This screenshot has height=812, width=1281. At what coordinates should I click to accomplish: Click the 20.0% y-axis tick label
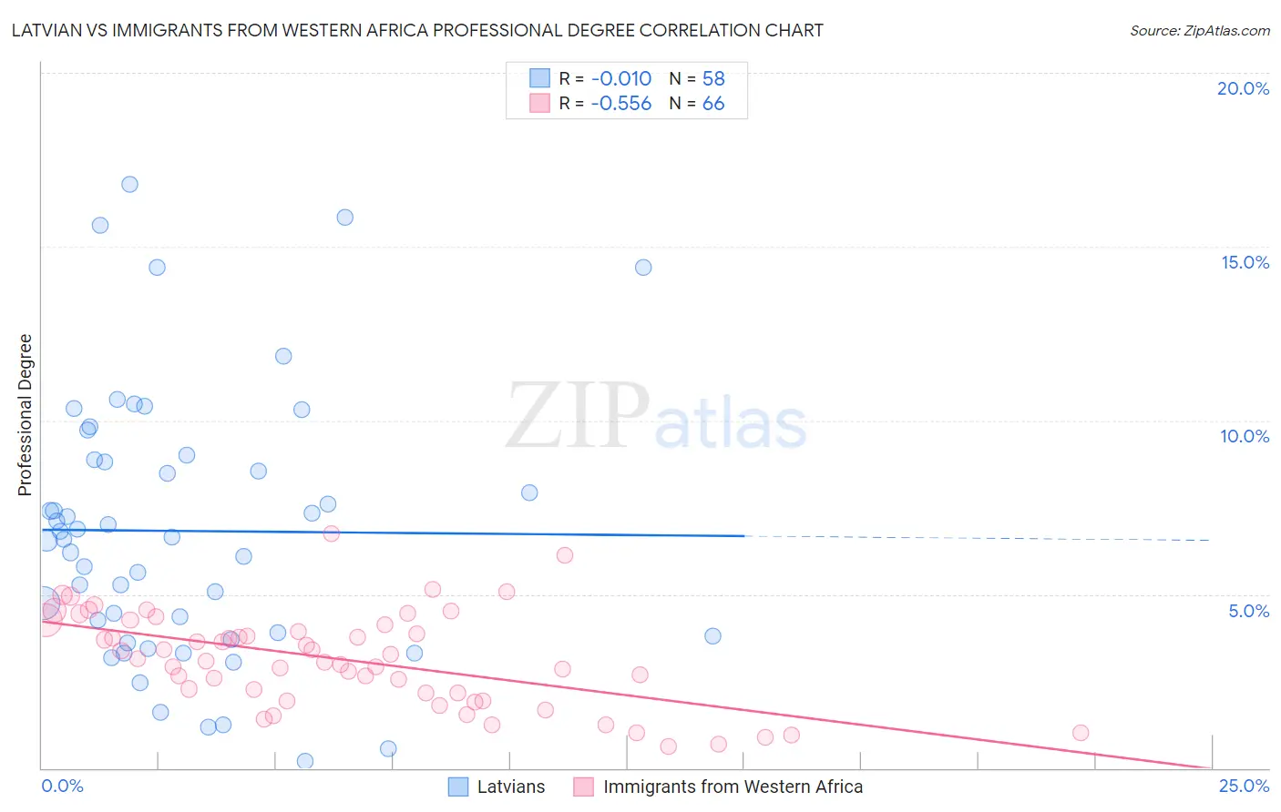coord(1243,88)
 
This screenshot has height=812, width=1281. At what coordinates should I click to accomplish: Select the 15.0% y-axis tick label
coord(1245,262)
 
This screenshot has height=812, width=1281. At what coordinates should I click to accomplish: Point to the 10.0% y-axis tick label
coord(1245,436)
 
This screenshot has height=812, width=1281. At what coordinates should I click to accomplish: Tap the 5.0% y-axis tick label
coord(1248,611)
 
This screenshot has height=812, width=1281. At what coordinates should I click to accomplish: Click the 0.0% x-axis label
coord(62,786)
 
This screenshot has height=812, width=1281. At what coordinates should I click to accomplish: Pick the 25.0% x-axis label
coord(1244,786)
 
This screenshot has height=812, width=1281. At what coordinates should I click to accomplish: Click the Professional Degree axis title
coord(25,415)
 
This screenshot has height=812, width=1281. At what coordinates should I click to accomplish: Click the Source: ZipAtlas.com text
coord(1199,30)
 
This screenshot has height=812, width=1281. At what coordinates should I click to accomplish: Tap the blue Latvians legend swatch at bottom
coord(458,787)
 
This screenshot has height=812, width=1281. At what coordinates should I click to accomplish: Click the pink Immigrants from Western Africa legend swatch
coord(584,787)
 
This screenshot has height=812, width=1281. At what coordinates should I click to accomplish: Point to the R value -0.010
coord(620,78)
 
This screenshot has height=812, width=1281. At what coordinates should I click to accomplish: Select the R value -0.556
coord(620,103)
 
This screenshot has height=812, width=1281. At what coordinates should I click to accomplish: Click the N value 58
coord(713,78)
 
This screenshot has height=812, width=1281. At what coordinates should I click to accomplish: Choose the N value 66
coord(713,103)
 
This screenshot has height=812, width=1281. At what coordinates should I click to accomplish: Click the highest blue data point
coord(129,184)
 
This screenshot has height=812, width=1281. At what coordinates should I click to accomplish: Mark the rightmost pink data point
coord(1081,733)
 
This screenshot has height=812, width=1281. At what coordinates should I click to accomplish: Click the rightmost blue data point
coord(712,635)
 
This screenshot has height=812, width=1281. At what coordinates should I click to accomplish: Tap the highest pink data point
coord(332,533)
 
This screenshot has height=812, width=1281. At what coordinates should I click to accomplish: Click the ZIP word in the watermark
coord(578,417)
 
